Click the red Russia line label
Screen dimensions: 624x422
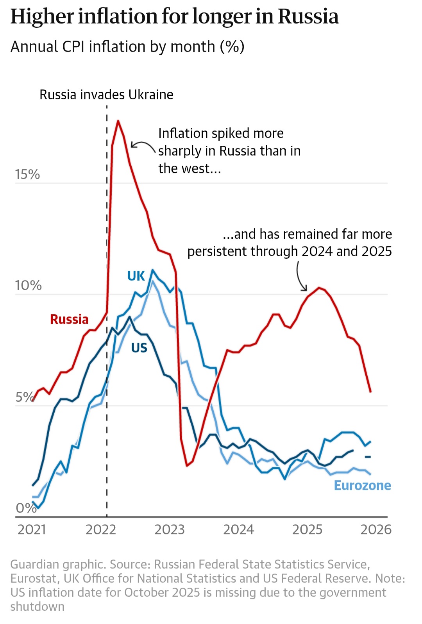click(69, 319)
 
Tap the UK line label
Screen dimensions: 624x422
click(136, 276)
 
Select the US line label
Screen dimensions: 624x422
click(139, 347)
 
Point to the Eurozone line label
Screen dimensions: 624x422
click(362, 485)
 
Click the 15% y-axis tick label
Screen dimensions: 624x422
click(27, 174)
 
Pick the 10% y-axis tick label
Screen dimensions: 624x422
click(28, 285)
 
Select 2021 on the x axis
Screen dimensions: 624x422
click(32, 529)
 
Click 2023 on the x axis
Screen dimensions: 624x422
click(169, 529)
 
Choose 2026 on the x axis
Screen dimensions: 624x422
click(376, 529)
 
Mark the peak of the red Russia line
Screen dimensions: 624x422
click(118, 121)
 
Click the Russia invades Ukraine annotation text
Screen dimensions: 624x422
click(106, 95)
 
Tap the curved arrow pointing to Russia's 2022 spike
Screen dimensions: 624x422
click(143, 145)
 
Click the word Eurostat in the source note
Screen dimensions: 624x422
click(33, 578)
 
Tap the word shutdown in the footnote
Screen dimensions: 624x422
click(37, 606)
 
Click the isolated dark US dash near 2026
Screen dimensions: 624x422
click(368, 457)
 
